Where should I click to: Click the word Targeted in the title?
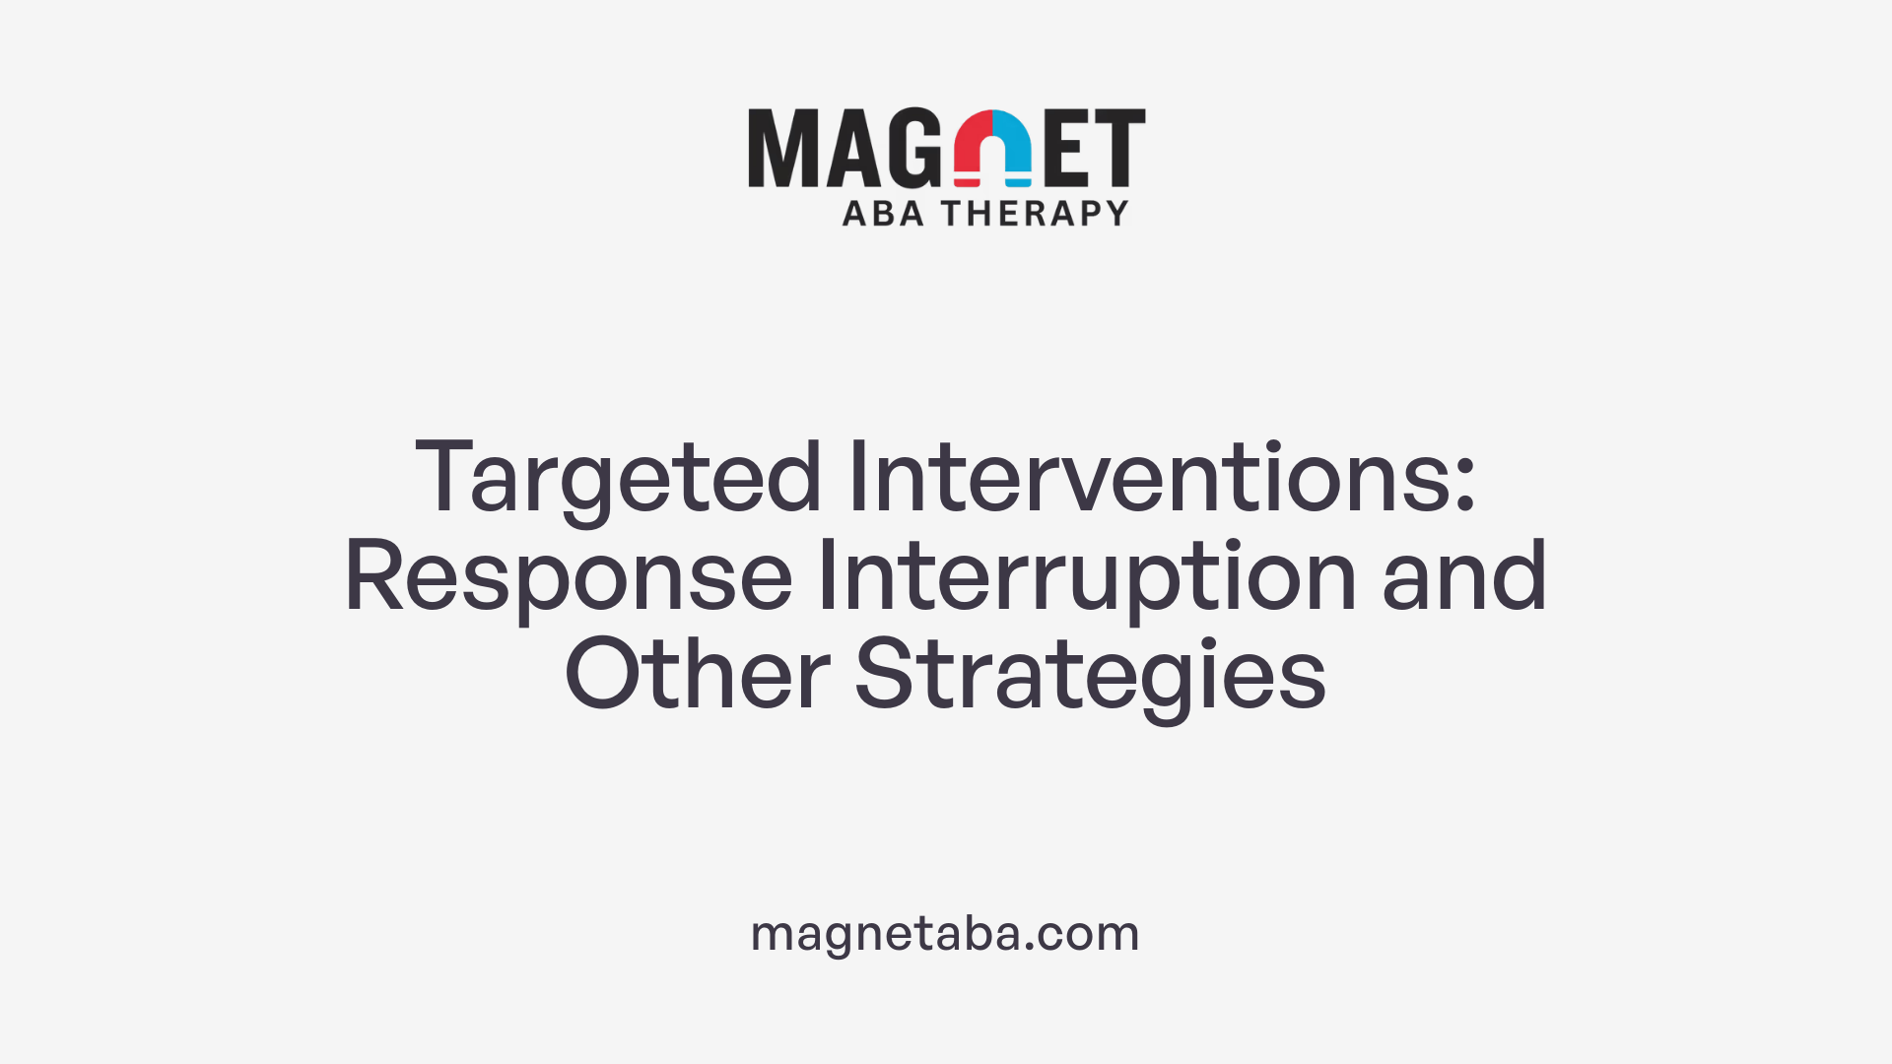[x=618, y=479]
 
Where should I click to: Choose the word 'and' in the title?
[x=1464, y=577]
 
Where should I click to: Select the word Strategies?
[x=1090, y=676]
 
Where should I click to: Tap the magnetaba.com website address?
[x=945, y=932]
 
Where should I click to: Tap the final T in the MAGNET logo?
[x=1120, y=148]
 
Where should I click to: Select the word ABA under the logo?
[x=883, y=213]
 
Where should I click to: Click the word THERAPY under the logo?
[x=1035, y=213]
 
